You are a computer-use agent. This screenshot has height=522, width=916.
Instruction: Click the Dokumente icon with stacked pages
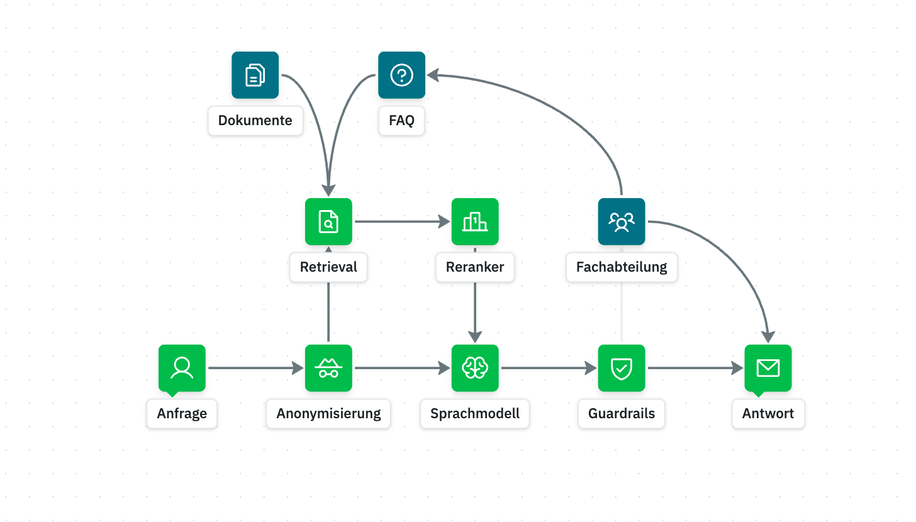coord(255,75)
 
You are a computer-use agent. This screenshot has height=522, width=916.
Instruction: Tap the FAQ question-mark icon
coord(401,75)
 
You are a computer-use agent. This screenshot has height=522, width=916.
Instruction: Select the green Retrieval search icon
coord(328,221)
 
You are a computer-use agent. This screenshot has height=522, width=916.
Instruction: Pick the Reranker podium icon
coord(475,221)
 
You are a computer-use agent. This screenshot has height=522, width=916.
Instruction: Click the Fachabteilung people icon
coord(622,221)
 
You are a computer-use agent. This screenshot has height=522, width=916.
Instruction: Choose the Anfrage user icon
coord(182,368)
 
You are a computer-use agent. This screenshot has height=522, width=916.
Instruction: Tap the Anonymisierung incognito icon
coord(328,368)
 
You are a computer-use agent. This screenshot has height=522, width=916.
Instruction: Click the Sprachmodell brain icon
coord(475,368)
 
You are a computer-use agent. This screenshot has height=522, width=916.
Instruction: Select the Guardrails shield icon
coord(622,368)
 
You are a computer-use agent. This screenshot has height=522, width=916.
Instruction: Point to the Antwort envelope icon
coord(768,368)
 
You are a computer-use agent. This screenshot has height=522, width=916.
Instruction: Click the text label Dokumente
coord(255,120)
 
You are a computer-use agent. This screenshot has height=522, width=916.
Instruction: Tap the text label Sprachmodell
coord(475,414)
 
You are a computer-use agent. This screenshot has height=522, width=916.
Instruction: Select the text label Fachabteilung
coord(622,267)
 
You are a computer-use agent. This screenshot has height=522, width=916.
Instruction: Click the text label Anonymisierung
coord(328,414)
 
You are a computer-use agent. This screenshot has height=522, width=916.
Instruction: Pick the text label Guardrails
coord(622,414)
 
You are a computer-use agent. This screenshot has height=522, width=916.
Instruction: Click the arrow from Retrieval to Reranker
coord(401,221)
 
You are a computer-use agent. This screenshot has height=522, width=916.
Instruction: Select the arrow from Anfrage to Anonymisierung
coord(255,368)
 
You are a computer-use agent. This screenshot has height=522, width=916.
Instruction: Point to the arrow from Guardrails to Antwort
coord(695,368)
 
